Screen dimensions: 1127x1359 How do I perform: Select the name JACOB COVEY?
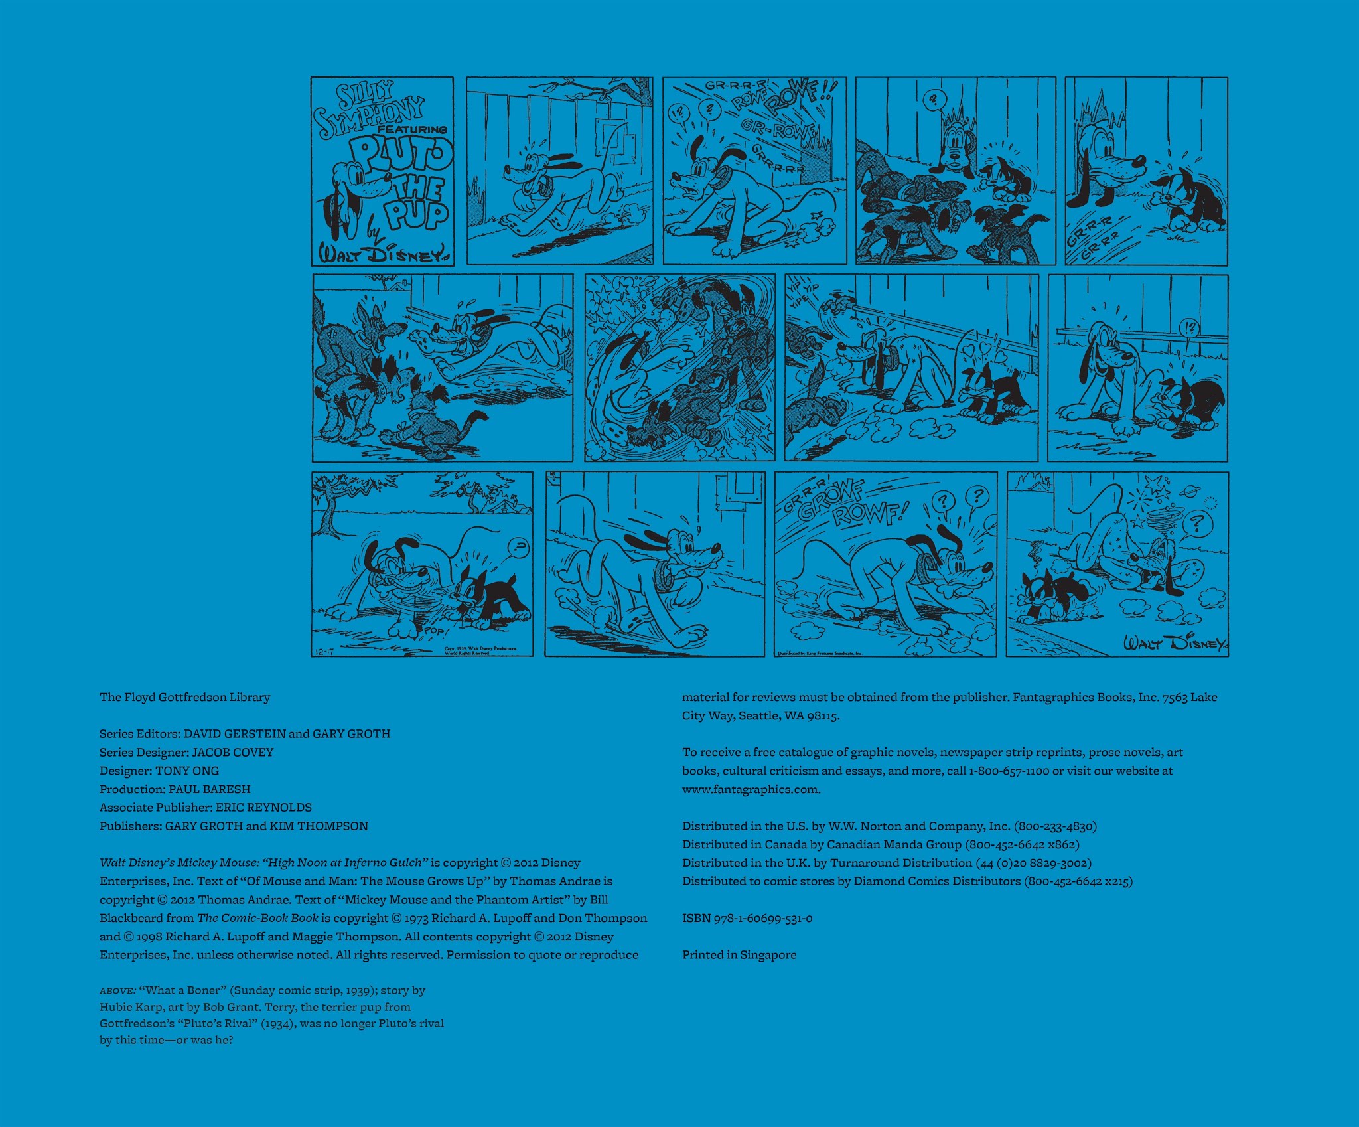pyautogui.click(x=232, y=752)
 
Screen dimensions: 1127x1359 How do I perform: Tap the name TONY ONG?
pyautogui.click(x=187, y=771)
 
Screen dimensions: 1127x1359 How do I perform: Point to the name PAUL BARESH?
pyautogui.click(x=210, y=789)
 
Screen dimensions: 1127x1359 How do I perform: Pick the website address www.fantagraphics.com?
pyautogui.click(x=751, y=789)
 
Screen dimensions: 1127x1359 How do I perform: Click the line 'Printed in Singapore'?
pyautogui.click(x=739, y=954)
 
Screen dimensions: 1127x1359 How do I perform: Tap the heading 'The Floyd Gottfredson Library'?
pyautogui.click(x=184, y=697)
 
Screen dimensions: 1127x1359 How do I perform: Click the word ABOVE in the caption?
pyautogui.click(x=117, y=990)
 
